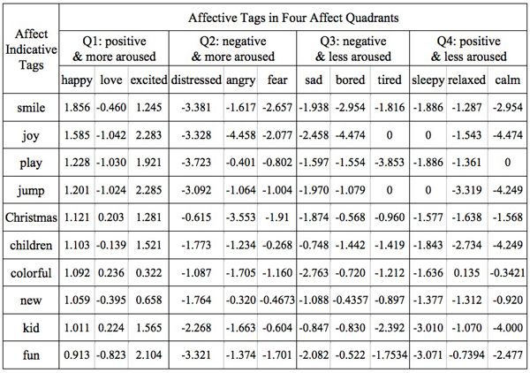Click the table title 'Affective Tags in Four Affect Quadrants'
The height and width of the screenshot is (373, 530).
click(293, 18)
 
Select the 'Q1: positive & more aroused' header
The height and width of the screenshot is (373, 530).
click(114, 49)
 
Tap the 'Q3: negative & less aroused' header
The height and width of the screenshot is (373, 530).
click(352, 49)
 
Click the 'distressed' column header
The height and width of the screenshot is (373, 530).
click(196, 80)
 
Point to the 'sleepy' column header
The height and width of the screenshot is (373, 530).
click(428, 80)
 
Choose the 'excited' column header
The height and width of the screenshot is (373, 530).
click(148, 80)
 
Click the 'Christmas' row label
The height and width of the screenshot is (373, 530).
click(31, 217)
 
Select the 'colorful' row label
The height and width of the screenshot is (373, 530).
click(31, 273)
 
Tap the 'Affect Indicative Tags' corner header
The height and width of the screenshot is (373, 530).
click(31, 49)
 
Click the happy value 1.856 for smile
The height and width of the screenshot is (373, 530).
click(77, 108)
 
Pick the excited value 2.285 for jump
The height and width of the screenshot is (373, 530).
click(148, 190)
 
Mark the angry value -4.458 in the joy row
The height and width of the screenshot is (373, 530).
click(240, 135)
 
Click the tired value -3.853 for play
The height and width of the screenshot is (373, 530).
click(390, 163)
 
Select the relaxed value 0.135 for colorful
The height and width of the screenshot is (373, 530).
click(466, 273)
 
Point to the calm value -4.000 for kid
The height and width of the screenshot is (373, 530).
click(508, 328)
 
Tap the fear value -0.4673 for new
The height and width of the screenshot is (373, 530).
click(277, 300)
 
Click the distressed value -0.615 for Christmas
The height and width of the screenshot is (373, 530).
click(196, 217)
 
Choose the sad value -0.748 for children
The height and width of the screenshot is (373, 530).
click(314, 245)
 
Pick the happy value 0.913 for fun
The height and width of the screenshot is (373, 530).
click(77, 355)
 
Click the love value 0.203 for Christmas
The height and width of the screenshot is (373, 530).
click(111, 217)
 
